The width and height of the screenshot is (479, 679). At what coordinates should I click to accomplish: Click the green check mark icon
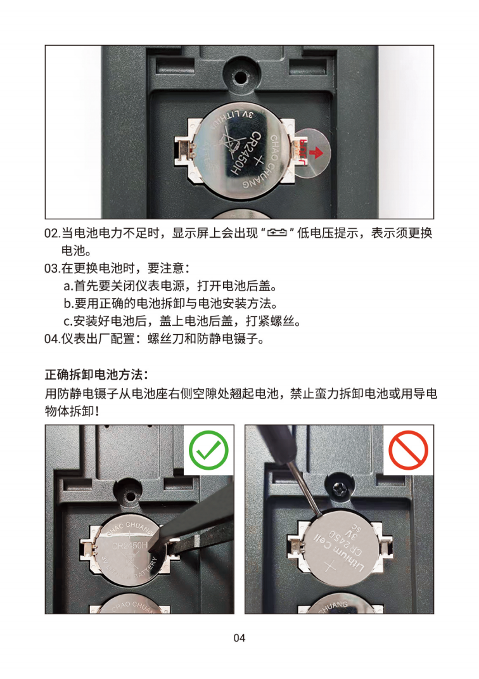(208, 450)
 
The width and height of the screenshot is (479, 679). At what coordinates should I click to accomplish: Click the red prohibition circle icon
(408, 450)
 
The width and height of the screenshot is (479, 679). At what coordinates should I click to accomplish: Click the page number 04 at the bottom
(239, 638)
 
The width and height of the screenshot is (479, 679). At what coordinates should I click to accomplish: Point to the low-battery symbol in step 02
(277, 233)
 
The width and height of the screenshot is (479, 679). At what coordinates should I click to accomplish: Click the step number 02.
(53, 233)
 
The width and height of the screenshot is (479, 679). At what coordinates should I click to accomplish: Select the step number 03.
(53, 268)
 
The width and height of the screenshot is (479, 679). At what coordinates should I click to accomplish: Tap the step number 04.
(53, 339)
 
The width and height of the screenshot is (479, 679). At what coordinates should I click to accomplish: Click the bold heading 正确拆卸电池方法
(96, 374)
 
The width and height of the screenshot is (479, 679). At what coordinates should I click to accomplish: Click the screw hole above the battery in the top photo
(239, 78)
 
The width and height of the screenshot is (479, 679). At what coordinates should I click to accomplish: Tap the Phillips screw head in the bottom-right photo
(341, 489)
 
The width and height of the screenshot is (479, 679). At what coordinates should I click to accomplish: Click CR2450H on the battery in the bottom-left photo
(130, 545)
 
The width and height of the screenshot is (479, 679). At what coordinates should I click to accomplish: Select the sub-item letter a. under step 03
(68, 286)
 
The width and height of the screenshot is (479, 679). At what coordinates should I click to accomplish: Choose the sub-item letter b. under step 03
(68, 304)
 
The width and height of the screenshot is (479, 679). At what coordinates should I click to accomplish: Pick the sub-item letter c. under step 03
(68, 321)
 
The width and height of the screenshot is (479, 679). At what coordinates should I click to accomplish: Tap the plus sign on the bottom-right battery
(330, 567)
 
